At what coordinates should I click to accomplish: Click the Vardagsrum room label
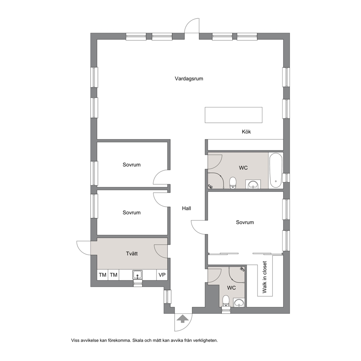(x=189, y=79)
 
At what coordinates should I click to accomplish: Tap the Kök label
(x=246, y=132)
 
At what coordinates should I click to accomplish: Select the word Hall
(x=186, y=209)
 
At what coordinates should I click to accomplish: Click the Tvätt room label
(x=132, y=254)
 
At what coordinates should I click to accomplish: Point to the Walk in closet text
(x=265, y=277)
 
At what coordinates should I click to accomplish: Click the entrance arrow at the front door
(x=182, y=319)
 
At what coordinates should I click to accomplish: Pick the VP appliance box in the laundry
(x=162, y=275)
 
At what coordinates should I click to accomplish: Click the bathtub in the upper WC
(x=275, y=171)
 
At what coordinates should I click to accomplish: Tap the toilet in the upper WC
(x=233, y=183)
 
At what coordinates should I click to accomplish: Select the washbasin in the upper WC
(x=253, y=184)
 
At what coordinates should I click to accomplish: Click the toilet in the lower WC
(x=226, y=301)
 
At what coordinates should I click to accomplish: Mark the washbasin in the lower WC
(x=239, y=302)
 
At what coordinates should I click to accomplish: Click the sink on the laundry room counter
(x=138, y=275)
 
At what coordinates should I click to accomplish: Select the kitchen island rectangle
(x=234, y=115)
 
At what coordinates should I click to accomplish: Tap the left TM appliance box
(x=103, y=275)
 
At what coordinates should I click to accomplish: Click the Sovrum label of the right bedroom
(x=245, y=222)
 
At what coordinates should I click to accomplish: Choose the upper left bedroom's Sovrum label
(x=131, y=164)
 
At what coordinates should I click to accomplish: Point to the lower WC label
(x=231, y=288)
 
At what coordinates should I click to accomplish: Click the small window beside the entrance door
(x=168, y=297)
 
